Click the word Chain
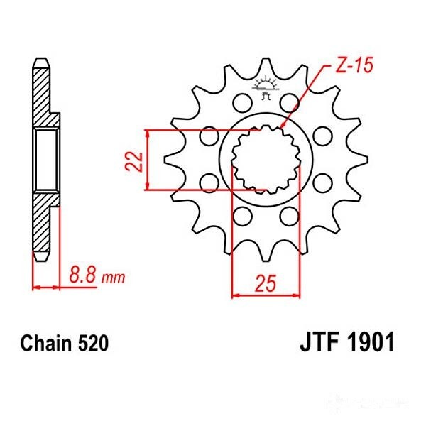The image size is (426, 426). coord(44,345)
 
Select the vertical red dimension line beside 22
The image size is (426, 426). coord(147,160)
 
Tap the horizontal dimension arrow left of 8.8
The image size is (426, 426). coord(45,288)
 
